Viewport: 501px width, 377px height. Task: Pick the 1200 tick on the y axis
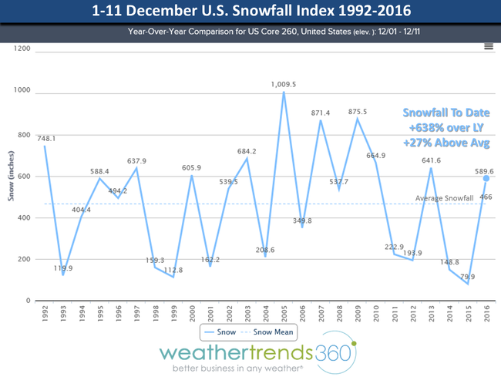coord(22,49)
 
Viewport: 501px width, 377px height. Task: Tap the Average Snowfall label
coord(443,200)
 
